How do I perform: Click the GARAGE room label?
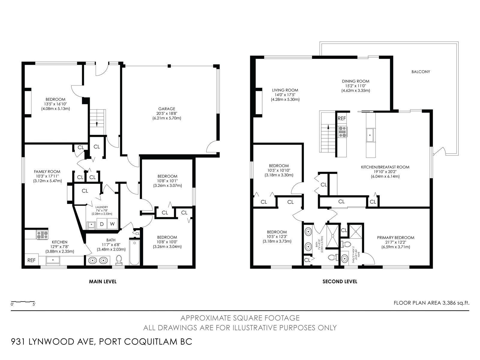point(166,109)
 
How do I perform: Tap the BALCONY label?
point(421,72)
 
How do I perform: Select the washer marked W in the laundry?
point(112,223)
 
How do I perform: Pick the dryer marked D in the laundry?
point(102,223)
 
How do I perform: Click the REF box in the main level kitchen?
point(31,260)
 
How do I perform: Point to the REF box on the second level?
point(342,118)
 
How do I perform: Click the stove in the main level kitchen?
point(42,235)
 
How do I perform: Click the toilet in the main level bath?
point(119,260)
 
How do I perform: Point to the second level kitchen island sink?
point(371,135)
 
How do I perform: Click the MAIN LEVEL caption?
point(103,281)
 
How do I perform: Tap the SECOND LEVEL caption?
point(340,281)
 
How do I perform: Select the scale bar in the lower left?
point(23,302)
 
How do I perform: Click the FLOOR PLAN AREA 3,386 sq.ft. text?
point(431,303)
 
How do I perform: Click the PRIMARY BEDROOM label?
point(396,238)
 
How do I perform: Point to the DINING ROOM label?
point(355,81)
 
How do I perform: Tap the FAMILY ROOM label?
point(47,172)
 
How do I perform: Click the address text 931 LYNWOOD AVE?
point(52,342)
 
